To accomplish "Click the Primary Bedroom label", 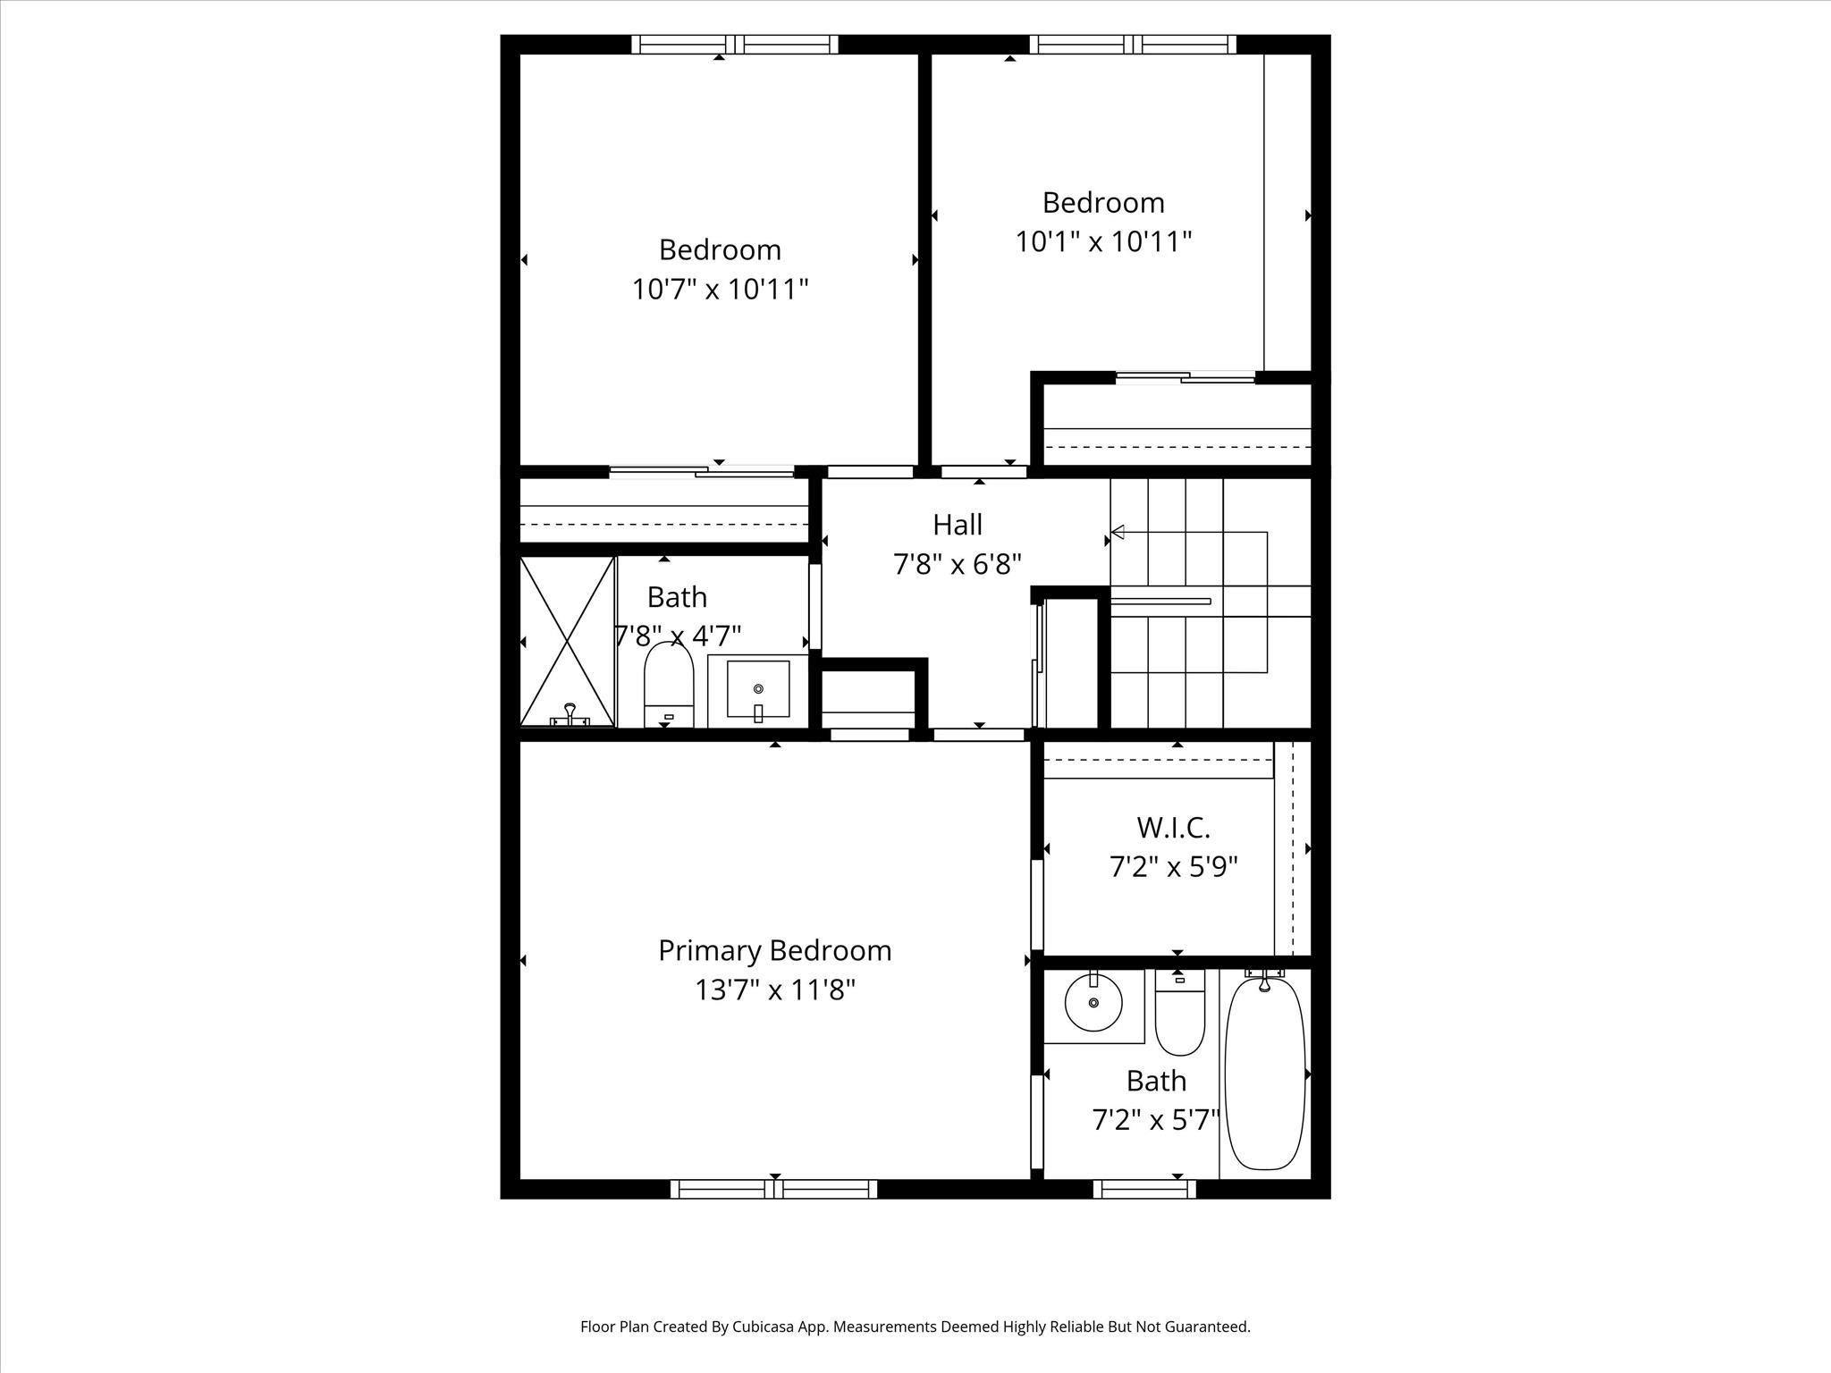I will point(774,950).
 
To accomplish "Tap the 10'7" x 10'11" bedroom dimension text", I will point(720,290).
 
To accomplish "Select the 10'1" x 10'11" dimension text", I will point(1103,242).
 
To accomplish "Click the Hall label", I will point(957,525).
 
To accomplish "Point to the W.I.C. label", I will point(1173,828).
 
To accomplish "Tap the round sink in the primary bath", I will point(1093,1003).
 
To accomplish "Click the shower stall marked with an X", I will point(567,641).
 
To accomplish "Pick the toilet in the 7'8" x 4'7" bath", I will point(669,685).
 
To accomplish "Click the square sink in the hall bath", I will point(758,689).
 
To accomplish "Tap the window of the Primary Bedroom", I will point(774,1189).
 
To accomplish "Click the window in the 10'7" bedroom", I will point(735,45).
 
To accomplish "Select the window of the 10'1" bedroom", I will point(1133,45).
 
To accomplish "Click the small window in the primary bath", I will point(1144,1189).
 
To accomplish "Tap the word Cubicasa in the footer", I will point(766,1327).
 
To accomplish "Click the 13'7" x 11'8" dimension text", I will point(774,990).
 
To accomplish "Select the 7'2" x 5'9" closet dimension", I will point(1173,867).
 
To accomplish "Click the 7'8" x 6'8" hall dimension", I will point(957,565).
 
